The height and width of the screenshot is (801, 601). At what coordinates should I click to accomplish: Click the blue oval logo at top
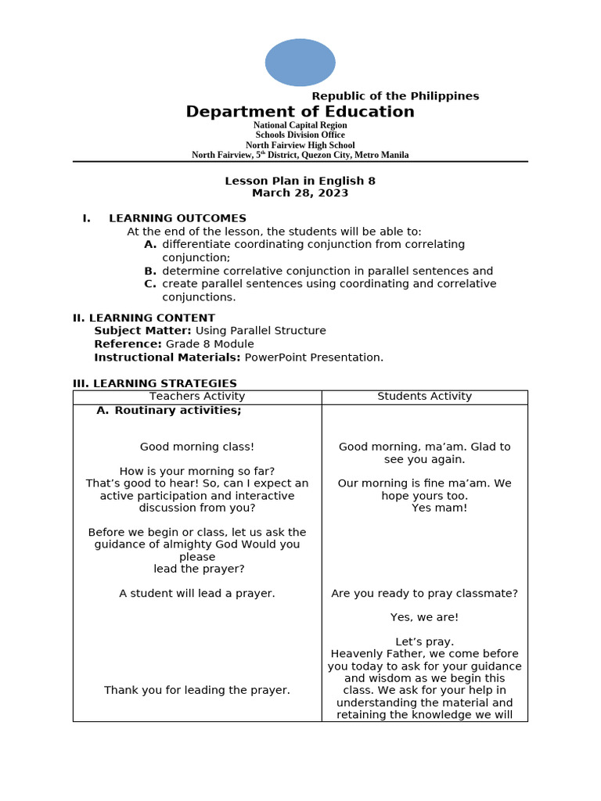click(300, 63)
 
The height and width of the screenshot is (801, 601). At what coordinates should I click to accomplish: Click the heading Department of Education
click(300, 112)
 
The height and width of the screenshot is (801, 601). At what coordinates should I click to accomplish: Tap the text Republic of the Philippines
click(395, 96)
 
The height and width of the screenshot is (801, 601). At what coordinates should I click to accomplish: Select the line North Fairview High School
click(300, 145)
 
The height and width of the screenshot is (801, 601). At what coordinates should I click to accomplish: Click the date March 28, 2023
click(300, 193)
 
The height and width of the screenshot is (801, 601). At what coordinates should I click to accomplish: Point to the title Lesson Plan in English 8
click(300, 181)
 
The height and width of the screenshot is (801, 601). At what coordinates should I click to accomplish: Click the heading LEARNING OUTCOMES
click(177, 218)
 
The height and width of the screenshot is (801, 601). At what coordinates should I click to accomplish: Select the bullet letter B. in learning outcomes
click(150, 271)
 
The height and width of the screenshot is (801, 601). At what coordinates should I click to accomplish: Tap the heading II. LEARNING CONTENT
click(143, 318)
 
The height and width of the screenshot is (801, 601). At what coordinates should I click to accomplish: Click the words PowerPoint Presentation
click(314, 357)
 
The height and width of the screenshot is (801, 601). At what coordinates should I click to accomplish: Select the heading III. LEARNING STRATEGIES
click(154, 383)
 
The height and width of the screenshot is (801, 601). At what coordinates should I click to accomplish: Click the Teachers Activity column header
click(197, 397)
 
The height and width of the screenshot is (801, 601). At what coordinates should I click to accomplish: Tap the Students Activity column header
click(424, 397)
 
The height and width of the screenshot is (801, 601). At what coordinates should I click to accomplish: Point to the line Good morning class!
click(197, 447)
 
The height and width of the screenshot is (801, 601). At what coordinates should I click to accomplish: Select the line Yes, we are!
click(424, 617)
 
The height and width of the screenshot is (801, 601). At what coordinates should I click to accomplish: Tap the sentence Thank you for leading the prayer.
click(197, 690)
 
